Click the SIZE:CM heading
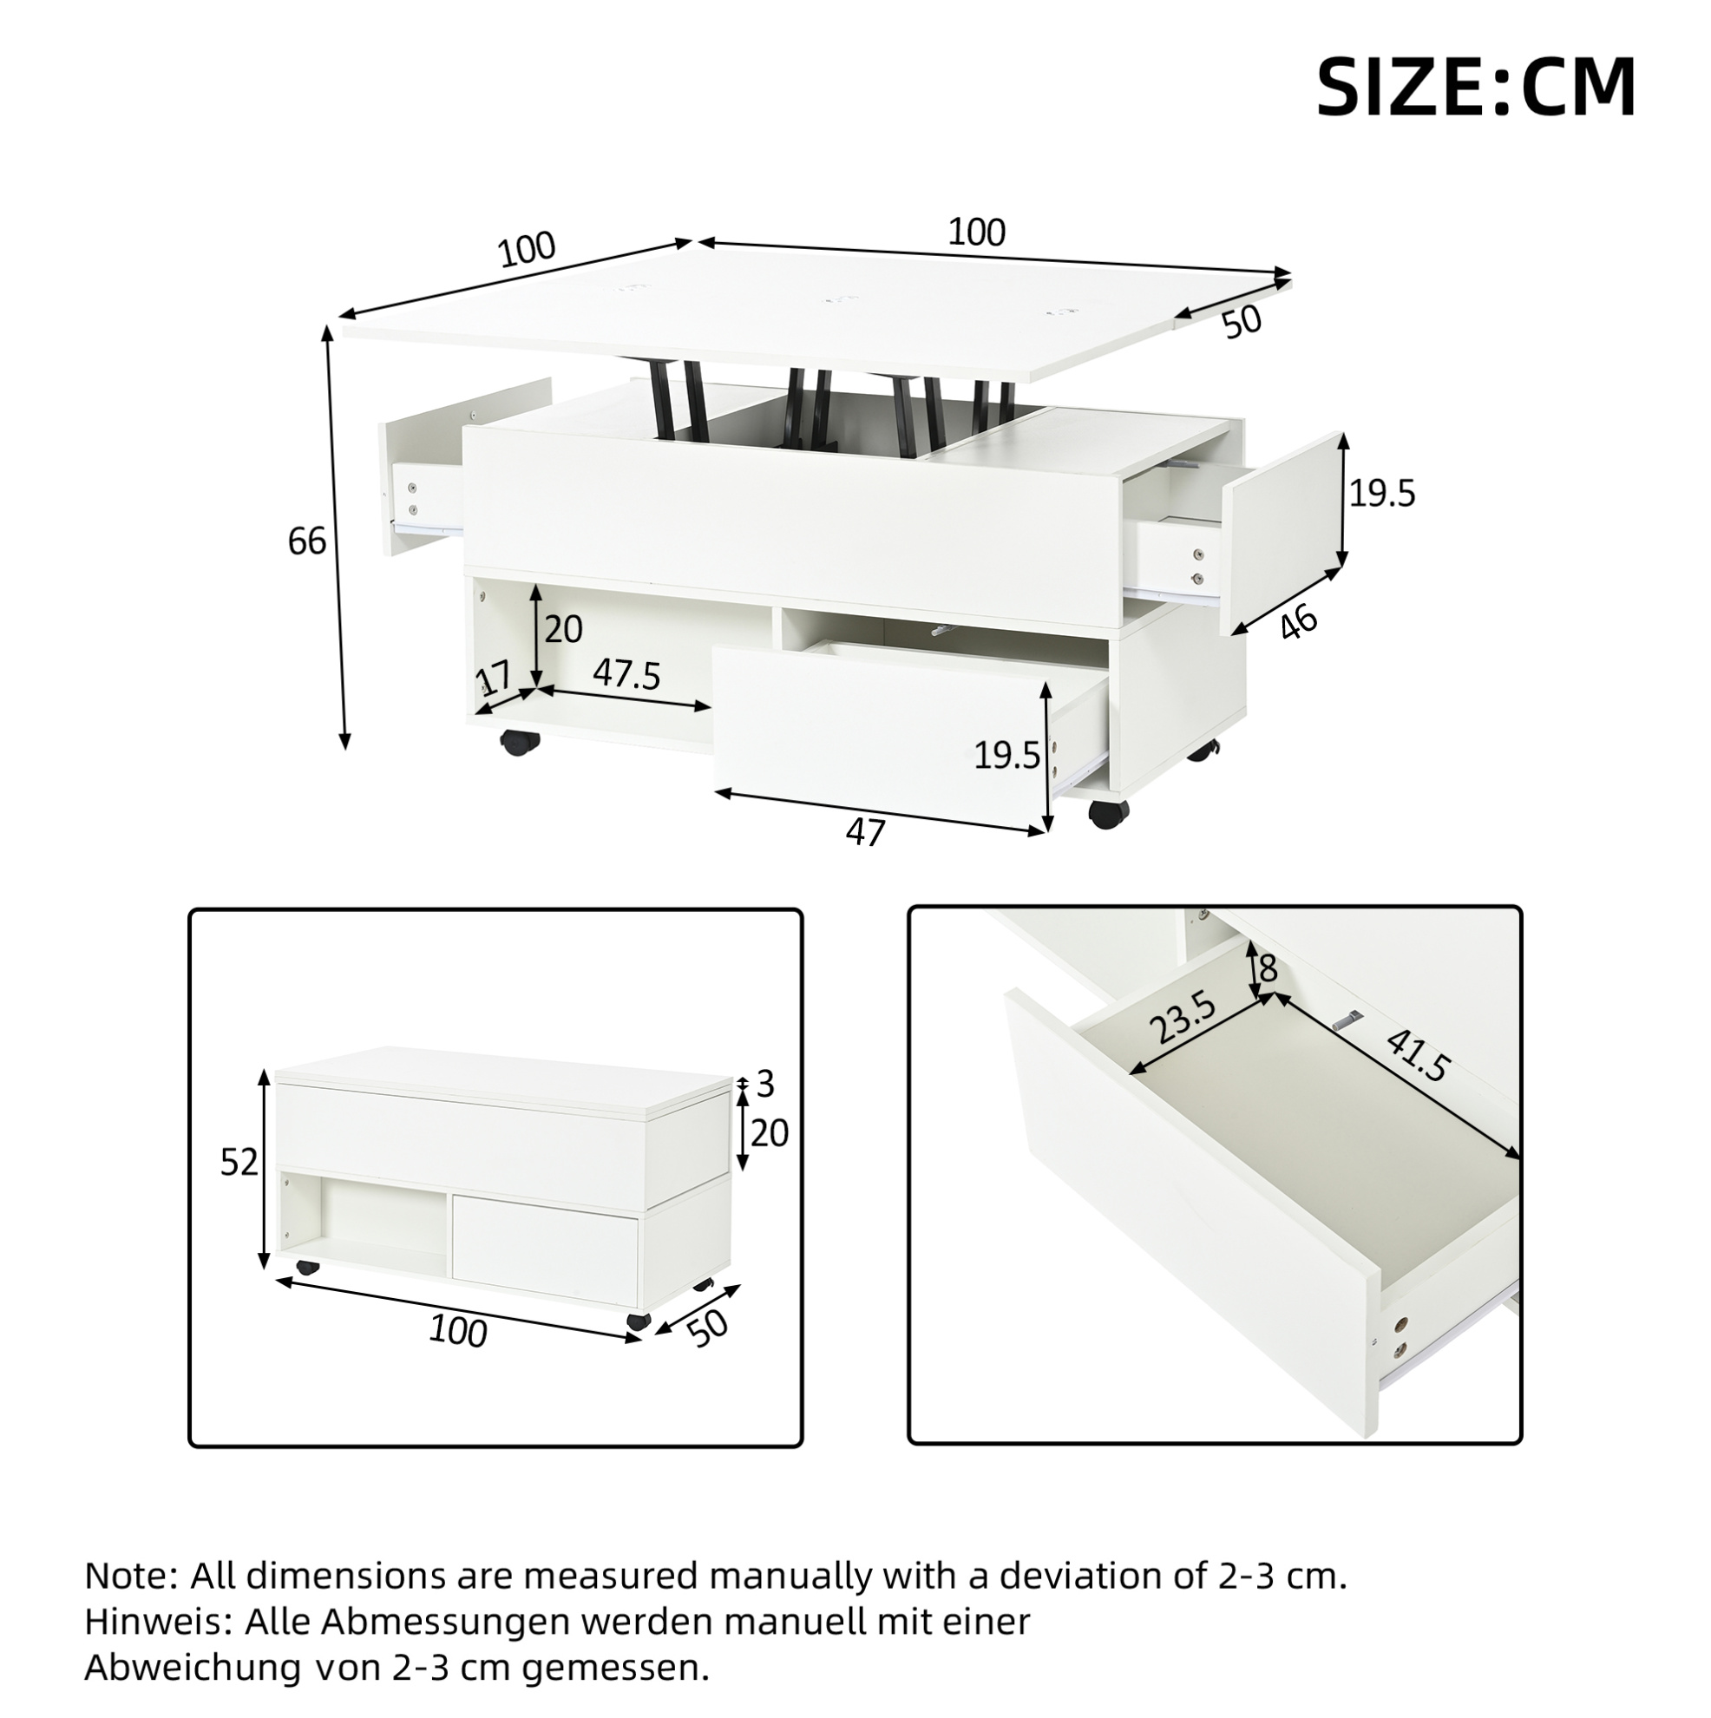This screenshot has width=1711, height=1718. (1475, 87)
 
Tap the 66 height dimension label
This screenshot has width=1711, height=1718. (307, 541)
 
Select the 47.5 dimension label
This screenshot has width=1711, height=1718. (627, 675)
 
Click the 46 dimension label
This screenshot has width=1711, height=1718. (1298, 623)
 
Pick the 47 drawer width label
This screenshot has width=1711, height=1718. (865, 832)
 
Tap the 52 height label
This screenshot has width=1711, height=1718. (239, 1162)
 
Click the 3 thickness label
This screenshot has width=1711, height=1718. (764, 1083)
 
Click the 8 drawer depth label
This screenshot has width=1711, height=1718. (1268, 967)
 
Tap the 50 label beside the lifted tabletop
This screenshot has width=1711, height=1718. (1242, 321)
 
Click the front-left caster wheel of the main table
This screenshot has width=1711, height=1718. (520, 742)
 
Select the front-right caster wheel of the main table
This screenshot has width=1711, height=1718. (1108, 814)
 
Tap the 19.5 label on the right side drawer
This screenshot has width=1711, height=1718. (1382, 493)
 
